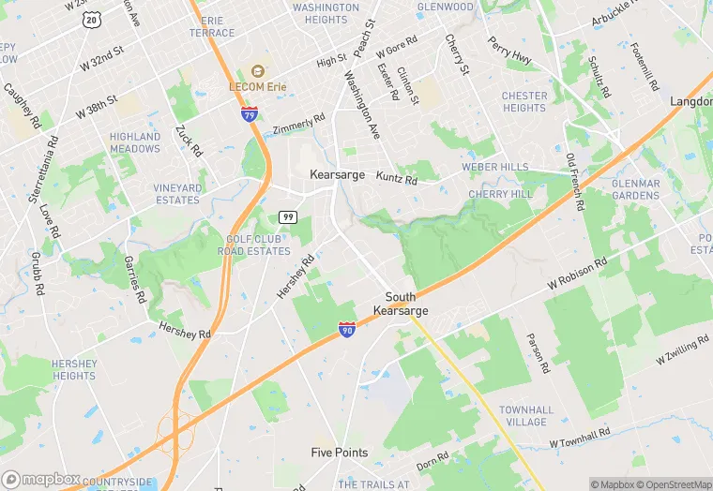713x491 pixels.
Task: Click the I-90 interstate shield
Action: pos(347,329)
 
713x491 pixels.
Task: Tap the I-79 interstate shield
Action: pos(250,114)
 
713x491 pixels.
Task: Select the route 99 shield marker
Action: pos(288,217)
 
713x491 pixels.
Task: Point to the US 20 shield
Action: pos(91,19)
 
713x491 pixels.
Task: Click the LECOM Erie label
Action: pos(258,86)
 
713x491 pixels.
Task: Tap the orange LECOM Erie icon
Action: pos(257,71)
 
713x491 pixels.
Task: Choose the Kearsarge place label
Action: pos(338,175)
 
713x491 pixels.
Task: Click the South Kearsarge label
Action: pos(401,304)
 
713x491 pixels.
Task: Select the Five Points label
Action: pos(340,453)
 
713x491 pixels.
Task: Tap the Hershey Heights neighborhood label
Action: pos(74,369)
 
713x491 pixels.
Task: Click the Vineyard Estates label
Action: pos(177,194)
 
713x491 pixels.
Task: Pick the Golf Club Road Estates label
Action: pos(254,245)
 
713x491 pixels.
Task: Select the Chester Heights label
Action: pos(524,101)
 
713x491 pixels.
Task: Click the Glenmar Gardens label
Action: pos(635,189)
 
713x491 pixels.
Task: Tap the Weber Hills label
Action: pos(495,167)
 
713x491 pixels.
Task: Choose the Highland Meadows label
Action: pos(135,142)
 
